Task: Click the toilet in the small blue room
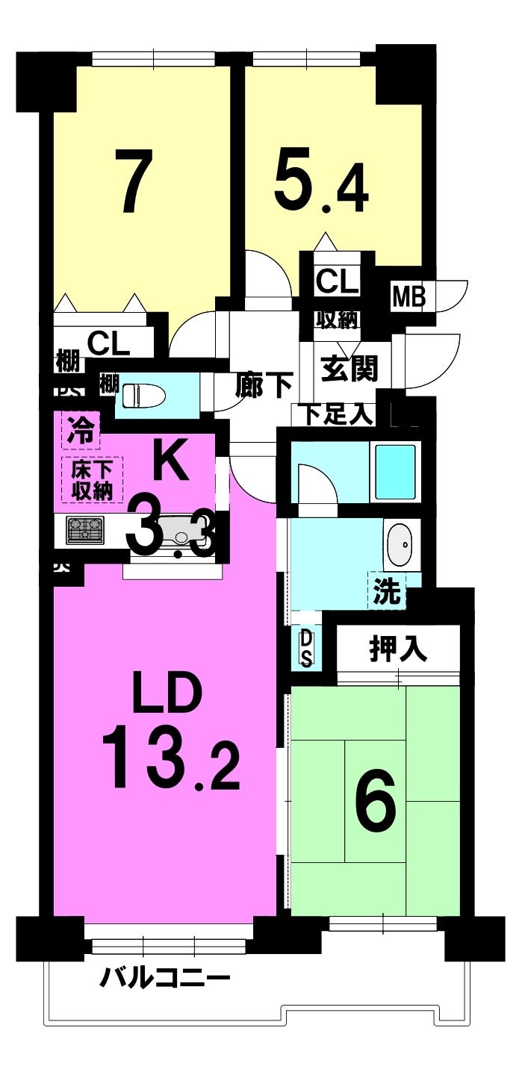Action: pos(142,395)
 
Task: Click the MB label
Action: pos(408,297)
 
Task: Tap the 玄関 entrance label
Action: pos(349,368)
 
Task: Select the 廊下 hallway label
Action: pos(263,384)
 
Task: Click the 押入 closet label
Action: pos(398,649)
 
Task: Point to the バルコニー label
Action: pos(165,976)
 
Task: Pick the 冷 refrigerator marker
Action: pos(81,431)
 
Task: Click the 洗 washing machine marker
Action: pos(387,591)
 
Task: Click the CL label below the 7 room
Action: pos(108,343)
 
